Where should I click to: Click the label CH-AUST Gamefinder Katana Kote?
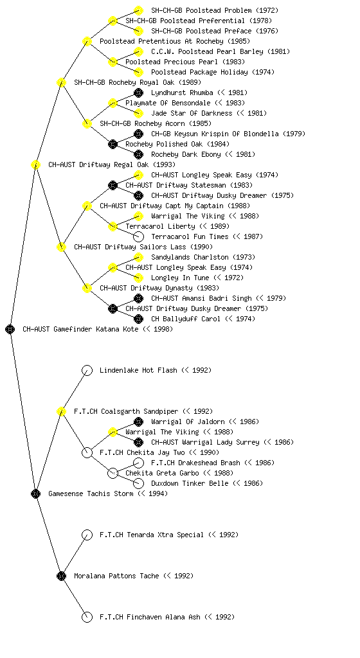80,330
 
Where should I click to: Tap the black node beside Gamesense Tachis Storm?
35,494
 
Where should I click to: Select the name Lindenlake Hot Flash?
139,371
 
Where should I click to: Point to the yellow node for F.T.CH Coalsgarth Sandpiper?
61,412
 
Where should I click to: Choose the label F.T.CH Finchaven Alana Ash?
150,618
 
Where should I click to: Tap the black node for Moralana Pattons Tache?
61,576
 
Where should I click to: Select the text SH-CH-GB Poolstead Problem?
201,10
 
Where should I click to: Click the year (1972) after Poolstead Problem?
266,10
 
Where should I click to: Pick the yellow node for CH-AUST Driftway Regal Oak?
35,165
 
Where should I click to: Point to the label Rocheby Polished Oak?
164,145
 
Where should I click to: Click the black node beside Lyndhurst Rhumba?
138,93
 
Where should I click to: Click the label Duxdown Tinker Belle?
190,483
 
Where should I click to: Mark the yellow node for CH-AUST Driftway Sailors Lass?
61,247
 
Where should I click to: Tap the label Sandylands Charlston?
190,257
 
